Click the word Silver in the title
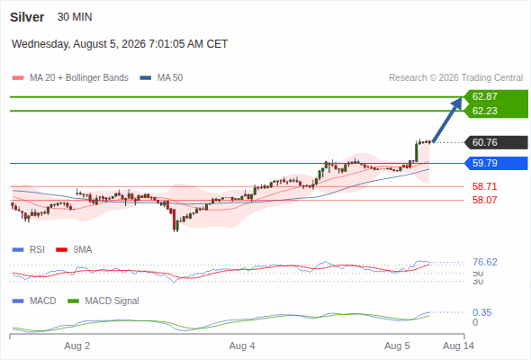[x=27, y=17]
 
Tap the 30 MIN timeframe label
[x=75, y=17]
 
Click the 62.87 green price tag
[x=496, y=96]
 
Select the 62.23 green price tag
[x=496, y=111]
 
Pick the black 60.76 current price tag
[x=496, y=142]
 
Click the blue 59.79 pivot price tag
[x=496, y=163]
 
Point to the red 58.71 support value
[x=484, y=186]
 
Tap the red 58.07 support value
[x=484, y=200]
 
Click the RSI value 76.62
[x=485, y=262]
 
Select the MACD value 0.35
[x=481, y=312]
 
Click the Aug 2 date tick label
[x=77, y=346]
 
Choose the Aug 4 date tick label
[x=242, y=346]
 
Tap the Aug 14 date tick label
[x=458, y=346]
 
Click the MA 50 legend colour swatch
[x=146, y=78]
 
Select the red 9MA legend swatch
[x=61, y=250]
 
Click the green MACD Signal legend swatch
[x=73, y=301]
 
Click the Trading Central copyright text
[x=455, y=78]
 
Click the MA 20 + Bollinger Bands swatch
[x=18, y=78]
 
